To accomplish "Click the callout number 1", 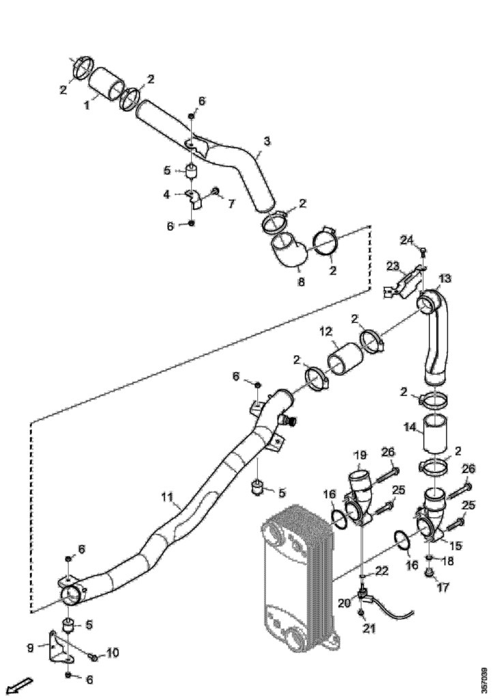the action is pyautogui.click(x=87, y=106).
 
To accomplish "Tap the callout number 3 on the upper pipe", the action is pyautogui.click(x=267, y=141).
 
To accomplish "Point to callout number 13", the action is pyautogui.click(x=444, y=279).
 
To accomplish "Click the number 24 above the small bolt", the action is pyautogui.click(x=407, y=240).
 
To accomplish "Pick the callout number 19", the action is pyautogui.click(x=360, y=455).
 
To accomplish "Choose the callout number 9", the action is pyautogui.click(x=30, y=647).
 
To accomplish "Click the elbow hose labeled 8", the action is pyautogui.click(x=289, y=252).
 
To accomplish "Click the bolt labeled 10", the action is pyautogui.click(x=94, y=657).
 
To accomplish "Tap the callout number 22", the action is pyautogui.click(x=382, y=571).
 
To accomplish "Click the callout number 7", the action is pyautogui.click(x=231, y=203).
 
